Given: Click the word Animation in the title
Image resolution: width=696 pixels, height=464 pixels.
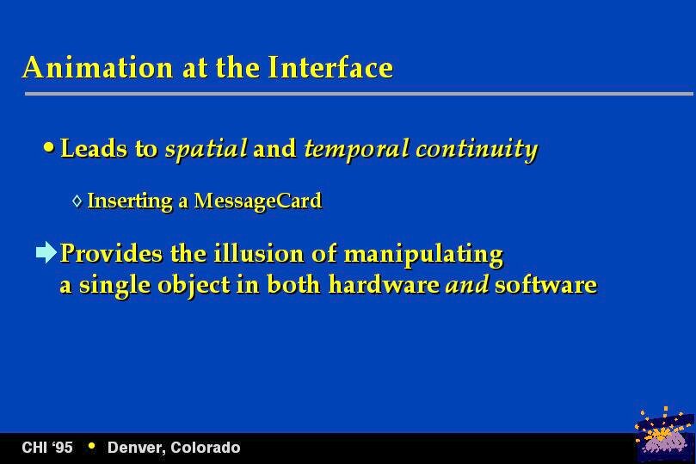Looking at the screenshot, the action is point(98,67).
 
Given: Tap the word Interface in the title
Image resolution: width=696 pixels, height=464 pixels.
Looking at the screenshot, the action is point(330,67).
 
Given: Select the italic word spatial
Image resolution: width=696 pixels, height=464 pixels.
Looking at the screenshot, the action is point(206,149).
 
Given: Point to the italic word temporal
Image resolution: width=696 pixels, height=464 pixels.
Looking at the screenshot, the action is point(356,149).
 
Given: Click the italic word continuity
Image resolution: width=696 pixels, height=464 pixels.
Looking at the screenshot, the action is point(477,149).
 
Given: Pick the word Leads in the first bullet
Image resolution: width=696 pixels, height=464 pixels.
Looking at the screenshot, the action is point(94,148).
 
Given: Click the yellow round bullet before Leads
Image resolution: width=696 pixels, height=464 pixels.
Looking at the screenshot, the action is point(49,147).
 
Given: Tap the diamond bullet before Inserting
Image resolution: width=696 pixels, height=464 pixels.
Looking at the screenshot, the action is point(77,201).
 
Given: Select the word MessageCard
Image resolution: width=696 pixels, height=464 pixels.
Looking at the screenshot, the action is point(258,201).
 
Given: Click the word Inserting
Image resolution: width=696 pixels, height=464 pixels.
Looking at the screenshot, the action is point(130,201).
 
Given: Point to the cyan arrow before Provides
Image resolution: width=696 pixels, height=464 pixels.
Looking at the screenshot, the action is point(46,252).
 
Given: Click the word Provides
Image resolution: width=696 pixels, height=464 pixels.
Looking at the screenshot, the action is point(112,254).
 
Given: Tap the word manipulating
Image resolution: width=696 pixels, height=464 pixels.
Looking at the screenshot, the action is point(423,255).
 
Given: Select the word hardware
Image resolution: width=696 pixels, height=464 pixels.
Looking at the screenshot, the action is point(384,284).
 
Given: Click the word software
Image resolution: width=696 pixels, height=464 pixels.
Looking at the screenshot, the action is point(545,284).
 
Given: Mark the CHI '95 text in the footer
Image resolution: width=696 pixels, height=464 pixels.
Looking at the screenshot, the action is point(47,447).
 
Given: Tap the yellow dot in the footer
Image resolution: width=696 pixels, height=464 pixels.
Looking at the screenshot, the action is point(92,445).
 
